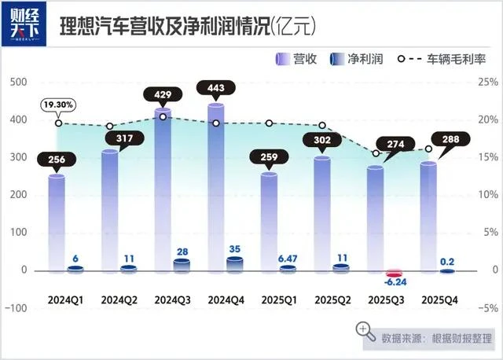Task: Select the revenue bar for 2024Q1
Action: pos(57,224)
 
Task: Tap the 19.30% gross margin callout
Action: pos(58,104)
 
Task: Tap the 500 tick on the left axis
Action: pos(17,82)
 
